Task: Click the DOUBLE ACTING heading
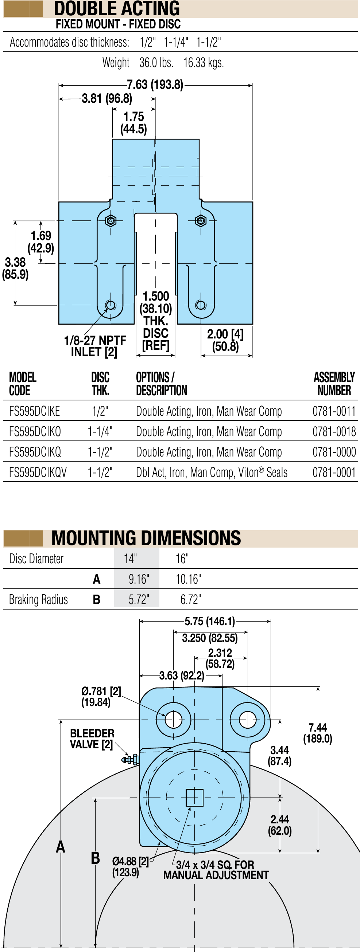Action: (x=117, y=8)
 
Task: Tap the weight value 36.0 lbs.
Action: (x=156, y=62)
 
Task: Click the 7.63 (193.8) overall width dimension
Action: (x=155, y=85)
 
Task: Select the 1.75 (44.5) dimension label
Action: (x=133, y=123)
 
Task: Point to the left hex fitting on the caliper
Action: (x=111, y=221)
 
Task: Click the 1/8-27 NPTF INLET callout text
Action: (x=95, y=346)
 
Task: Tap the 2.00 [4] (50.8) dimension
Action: (x=225, y=340)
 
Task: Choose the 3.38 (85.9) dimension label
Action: (x=15, y=268)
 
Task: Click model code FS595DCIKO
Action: (x=35, y=432)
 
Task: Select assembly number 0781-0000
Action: (x=334, y=452)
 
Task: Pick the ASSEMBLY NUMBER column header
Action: (x=334, y=384)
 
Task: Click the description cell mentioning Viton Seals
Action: (x=212, y=472)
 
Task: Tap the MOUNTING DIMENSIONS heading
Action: (x=146, y=538)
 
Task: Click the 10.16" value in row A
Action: (x=188, y=579)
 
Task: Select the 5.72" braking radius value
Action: (x=139, y=599)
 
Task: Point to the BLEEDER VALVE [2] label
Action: (x=92, y=739)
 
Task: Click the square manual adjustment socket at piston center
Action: (x=195, y=797)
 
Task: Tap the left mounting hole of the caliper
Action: (x=174, y=720)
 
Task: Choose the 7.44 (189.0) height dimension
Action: (x=317, y=733)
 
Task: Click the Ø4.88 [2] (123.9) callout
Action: (x=130, y=867)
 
